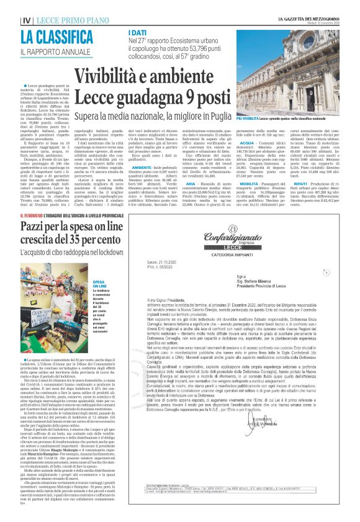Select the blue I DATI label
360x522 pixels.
(x=138, y=32)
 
